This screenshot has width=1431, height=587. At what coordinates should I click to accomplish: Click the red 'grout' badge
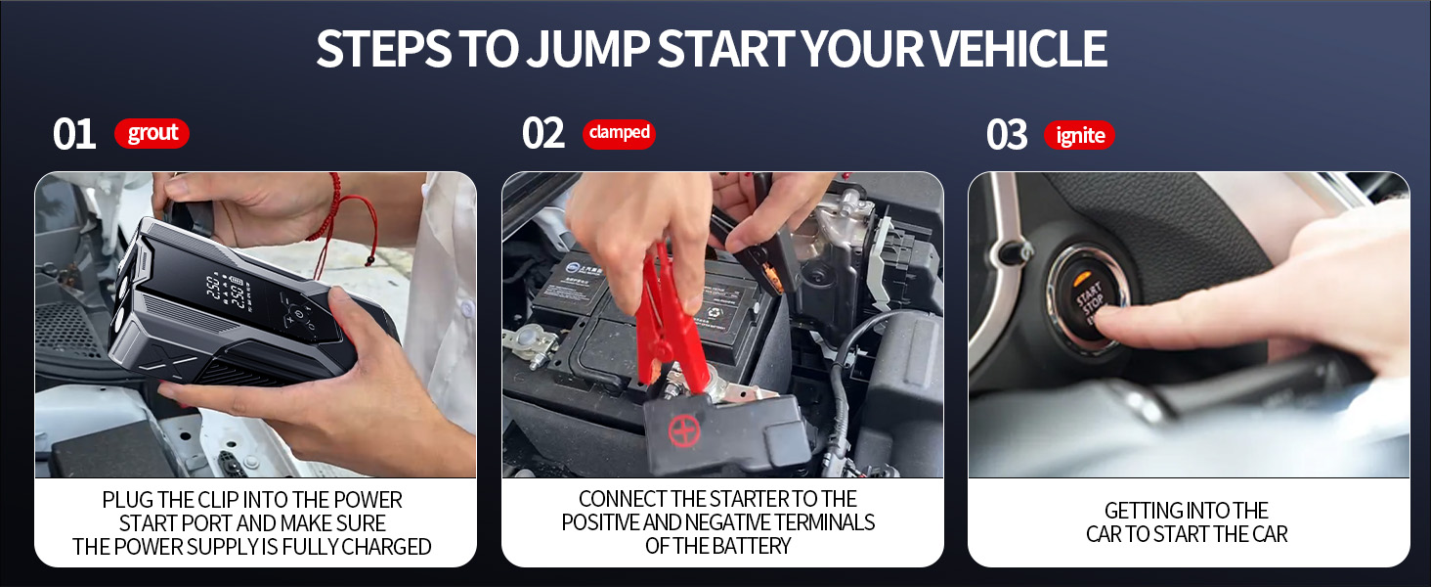(x=152, y=134)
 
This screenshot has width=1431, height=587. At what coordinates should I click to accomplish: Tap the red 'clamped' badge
(x=619, y=133)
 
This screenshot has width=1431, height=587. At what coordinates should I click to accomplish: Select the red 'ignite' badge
(x=1079, y=136)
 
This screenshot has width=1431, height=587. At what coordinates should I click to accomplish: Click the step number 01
(x=74, y=134)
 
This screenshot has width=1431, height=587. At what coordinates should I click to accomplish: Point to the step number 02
(x=543, y=134)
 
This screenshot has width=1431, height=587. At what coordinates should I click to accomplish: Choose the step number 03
(x=1007, y=135)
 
